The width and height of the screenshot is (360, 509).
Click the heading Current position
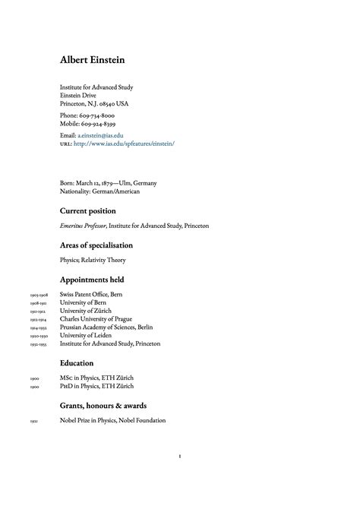pyautogui.click(x=87, y=211)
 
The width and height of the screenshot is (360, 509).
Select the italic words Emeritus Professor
pyautogui.click(x=83, y=226)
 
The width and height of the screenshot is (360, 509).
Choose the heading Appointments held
pyautogui.click(x=91, y=280)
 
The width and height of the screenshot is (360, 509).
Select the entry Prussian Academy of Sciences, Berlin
pyautogui.click(x=106, y=327)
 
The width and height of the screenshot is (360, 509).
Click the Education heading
pyautogui.click(x=77, y=364)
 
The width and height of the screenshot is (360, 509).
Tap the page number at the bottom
pyautogui.click(x=179, y=457)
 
